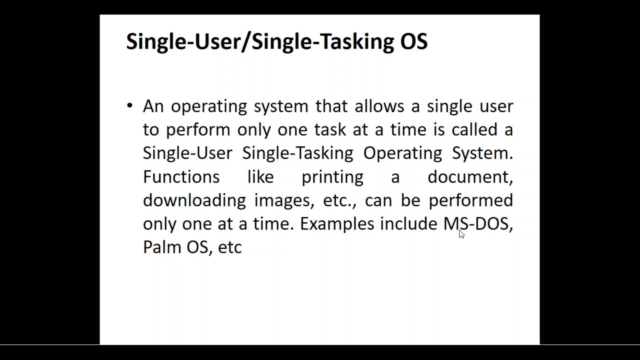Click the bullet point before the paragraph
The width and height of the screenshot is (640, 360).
(129, 105)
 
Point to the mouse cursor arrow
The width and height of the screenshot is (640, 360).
(461, 234)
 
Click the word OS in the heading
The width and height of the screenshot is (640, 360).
(413, 41)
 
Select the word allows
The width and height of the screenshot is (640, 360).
(379, 106)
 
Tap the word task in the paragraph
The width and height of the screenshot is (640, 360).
(330, 129)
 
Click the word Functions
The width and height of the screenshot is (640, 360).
(181, 176)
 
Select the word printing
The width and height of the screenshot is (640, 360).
(332, 177)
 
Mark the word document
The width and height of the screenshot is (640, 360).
(470, 176)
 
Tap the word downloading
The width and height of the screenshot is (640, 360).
(194, 200)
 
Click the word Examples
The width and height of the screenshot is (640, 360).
(337, 224)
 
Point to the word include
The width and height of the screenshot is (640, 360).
(408, 223)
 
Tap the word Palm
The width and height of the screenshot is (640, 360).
(162, 247)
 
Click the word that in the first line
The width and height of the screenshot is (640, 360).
(331, 106)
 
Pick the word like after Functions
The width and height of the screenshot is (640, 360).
(260, 176)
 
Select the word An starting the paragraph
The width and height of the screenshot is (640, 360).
(153, 106)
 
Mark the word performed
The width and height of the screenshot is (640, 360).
(471, 200)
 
